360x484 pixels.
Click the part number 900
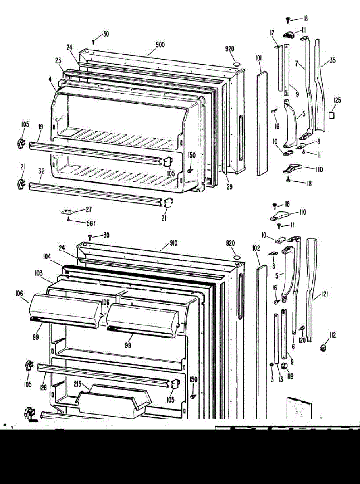tap(160, 45)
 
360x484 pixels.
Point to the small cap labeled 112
tap(323, 348)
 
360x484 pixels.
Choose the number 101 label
tap(258, 58)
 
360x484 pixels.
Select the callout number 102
tap(256, 249)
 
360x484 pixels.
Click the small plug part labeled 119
tap(284, 366)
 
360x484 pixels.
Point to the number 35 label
tap(332, 61)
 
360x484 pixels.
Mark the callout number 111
tap(303, 29)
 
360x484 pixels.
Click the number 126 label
tap(43, 388)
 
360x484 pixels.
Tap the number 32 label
tap(41, 171)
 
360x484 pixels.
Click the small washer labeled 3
tap(272, 365)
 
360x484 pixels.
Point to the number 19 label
tap(40, 127)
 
